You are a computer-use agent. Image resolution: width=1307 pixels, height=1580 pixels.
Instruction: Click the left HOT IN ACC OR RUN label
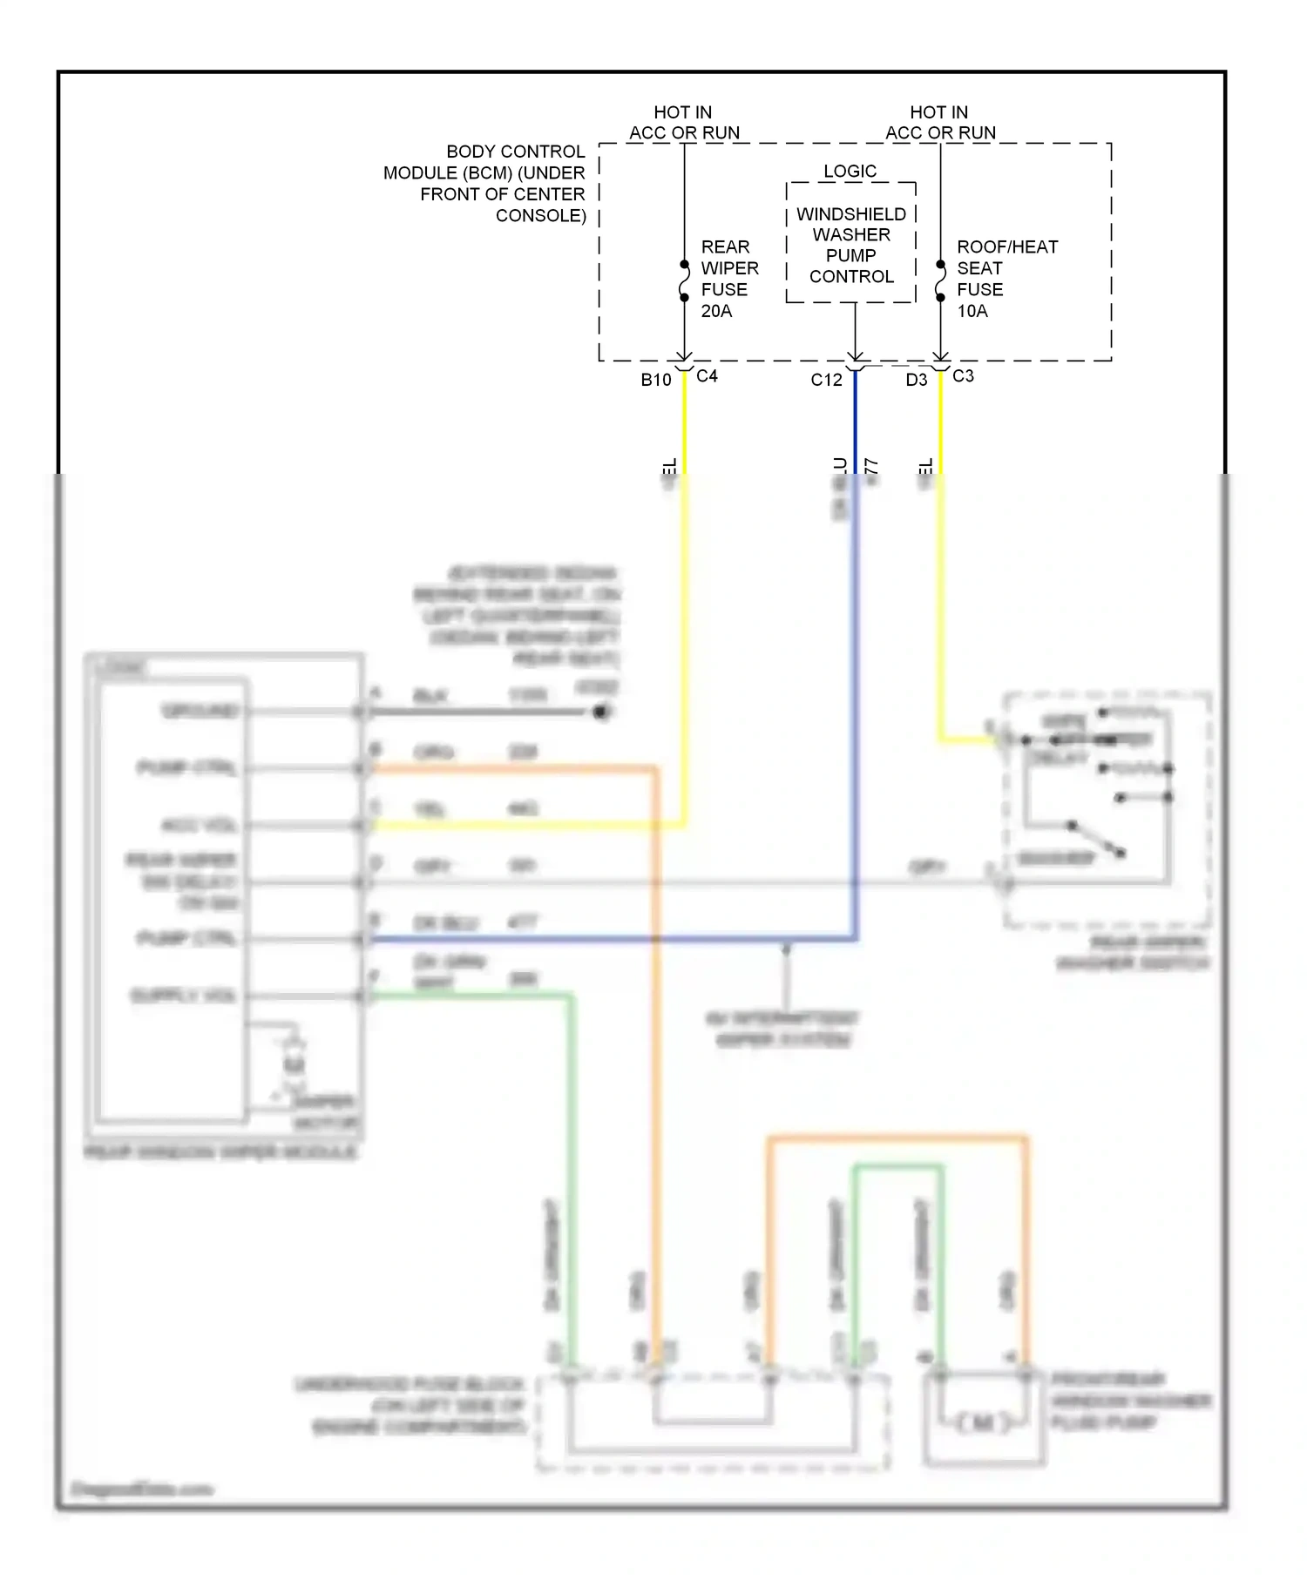(x=684, y=123)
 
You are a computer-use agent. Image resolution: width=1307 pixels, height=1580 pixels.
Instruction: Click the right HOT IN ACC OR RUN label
(x=940, y=123)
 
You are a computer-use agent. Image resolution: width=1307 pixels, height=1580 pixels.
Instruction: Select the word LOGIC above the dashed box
(x=850, y=171)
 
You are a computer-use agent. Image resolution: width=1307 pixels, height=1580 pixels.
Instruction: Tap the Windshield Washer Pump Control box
(x=851, y=245)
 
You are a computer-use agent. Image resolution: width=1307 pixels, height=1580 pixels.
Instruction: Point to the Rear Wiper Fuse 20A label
(x=728, y=279)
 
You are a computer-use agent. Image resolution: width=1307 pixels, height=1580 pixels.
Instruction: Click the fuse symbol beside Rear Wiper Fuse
(x=684, y=280)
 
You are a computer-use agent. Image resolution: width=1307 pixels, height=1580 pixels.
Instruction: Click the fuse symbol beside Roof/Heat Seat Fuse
(x=940, y=280)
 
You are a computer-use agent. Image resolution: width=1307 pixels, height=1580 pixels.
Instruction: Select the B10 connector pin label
(x=656, y=380)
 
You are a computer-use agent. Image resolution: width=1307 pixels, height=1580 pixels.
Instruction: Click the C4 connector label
(x=707, y=376)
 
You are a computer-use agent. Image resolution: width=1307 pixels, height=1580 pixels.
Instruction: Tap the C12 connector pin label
(x=826, y=380)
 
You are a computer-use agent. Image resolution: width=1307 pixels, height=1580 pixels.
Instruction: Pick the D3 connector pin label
(x=917, y=380)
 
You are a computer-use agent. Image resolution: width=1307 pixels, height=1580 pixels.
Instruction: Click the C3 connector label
(x=963, y=376)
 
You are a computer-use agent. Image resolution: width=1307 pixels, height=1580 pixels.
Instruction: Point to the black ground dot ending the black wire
(x=600, y=712)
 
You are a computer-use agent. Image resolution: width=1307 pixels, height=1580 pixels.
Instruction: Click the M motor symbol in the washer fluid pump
(x=982, y=1422)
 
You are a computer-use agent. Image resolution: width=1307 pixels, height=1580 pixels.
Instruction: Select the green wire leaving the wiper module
(x=471, y=995)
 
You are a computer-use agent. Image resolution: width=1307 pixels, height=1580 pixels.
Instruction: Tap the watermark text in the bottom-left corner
(x=142, y=1489)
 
